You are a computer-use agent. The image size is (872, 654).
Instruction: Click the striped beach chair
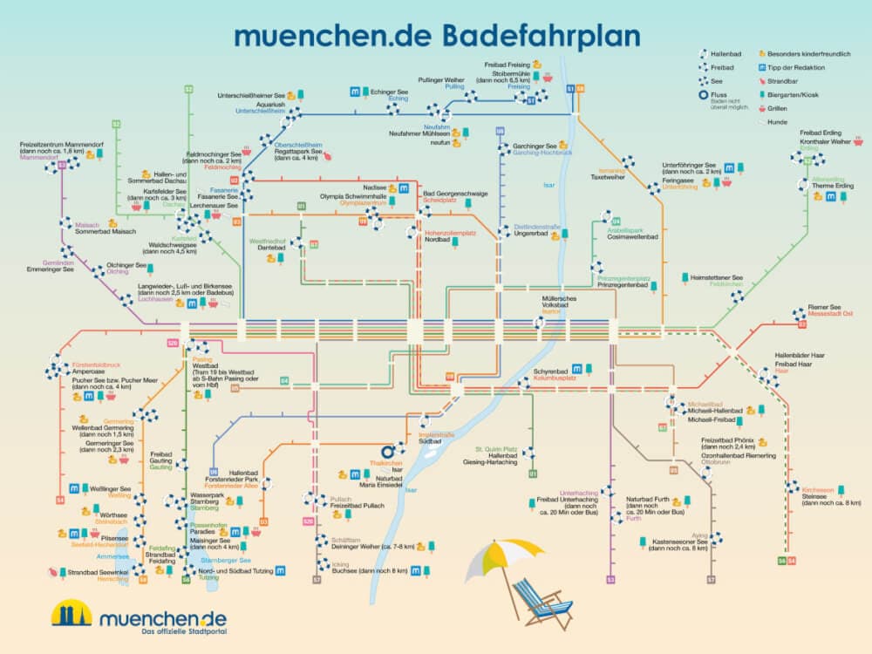click(542, 602)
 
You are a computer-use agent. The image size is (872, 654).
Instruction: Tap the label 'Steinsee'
click(817, 496)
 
